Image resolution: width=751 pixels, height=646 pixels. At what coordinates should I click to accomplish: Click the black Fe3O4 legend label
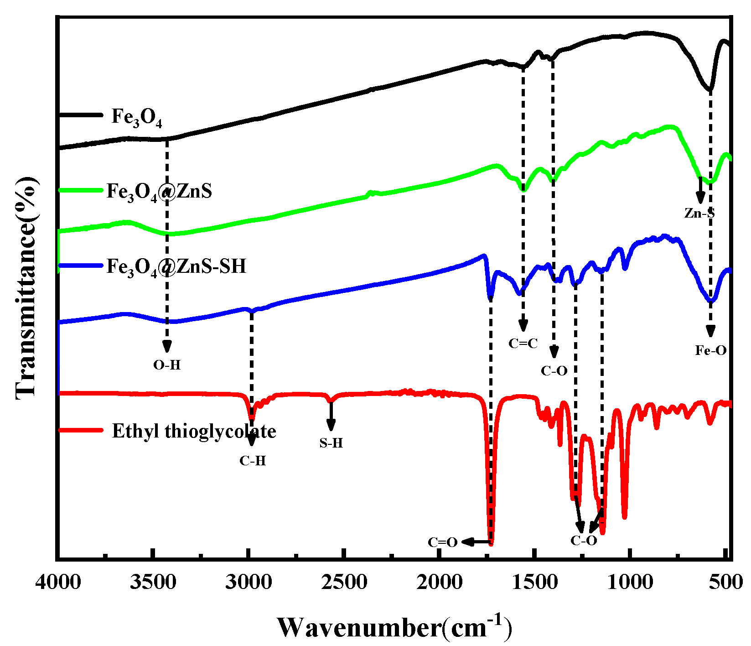tap(137, 117)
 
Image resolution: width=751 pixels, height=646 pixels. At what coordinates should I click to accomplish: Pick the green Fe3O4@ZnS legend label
tap(159, 191)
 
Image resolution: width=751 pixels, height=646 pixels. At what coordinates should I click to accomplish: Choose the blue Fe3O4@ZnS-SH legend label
tap(176, 266)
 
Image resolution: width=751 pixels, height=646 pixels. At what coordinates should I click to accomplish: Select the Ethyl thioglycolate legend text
tap(194, 431)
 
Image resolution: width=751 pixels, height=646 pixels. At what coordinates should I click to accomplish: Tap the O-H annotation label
tap(167, 365)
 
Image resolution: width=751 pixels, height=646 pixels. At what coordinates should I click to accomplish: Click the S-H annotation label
tap(331, 443)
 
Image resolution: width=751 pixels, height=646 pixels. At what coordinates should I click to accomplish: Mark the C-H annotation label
tap(253, 461)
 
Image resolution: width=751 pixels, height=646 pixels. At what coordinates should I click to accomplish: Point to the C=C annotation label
tap(523, 344)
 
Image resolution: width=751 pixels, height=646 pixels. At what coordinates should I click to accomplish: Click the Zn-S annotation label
tap(699, 213)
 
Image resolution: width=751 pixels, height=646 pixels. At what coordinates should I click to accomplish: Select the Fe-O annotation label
tap(710, 350)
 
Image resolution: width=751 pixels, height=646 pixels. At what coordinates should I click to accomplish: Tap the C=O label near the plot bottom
tap(442, 542)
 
